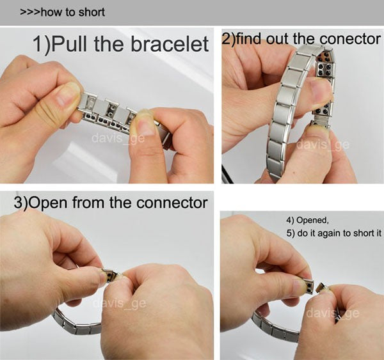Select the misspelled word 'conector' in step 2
354,39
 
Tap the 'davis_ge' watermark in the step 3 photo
119,304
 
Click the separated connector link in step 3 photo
110,277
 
